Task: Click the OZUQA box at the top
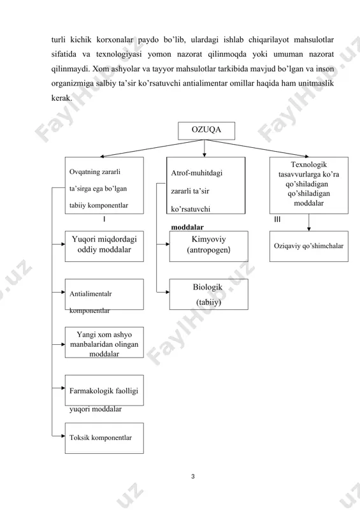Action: coord(206,131)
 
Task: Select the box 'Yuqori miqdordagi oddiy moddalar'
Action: coord(104,246)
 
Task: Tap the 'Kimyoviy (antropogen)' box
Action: coord(208,246)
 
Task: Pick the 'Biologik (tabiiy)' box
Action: coord(208,294)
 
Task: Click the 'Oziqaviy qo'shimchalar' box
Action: coord(308,246)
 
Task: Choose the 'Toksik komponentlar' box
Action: coord(104,438)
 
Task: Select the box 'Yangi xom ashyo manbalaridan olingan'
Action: coord(104,342)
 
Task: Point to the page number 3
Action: coord(193,476)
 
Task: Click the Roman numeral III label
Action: coord(277,219)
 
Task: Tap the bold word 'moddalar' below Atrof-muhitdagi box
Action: coord(187,227)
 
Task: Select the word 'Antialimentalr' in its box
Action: coord(90,294)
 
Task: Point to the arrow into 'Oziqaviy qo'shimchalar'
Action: coord(308,222)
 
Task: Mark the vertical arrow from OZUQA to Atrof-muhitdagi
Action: coord(205,149)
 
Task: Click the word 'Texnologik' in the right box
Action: coord(308,164)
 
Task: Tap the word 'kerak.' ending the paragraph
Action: coord(61,98)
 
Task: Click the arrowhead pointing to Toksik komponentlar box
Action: coord(63,436)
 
